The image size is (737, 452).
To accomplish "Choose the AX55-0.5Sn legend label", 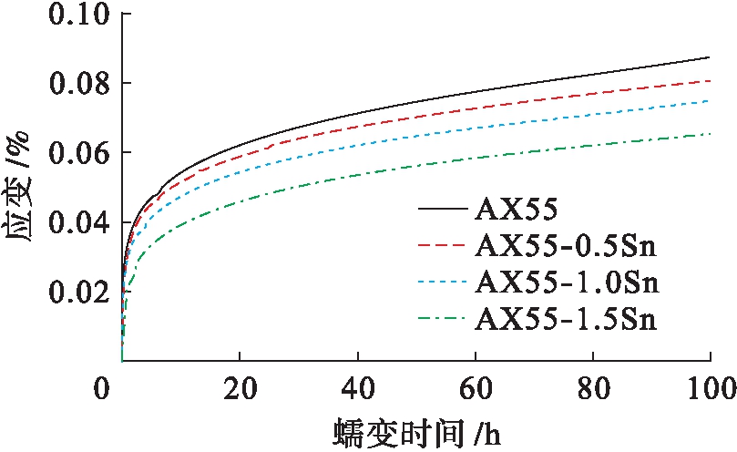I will pos(566,246).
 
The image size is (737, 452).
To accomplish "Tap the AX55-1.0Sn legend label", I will pos(566,282).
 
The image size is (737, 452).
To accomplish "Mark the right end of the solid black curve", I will pos(710,57).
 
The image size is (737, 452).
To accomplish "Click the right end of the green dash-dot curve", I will pos(710,134).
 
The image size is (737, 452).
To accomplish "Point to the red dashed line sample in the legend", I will pos(443,246).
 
